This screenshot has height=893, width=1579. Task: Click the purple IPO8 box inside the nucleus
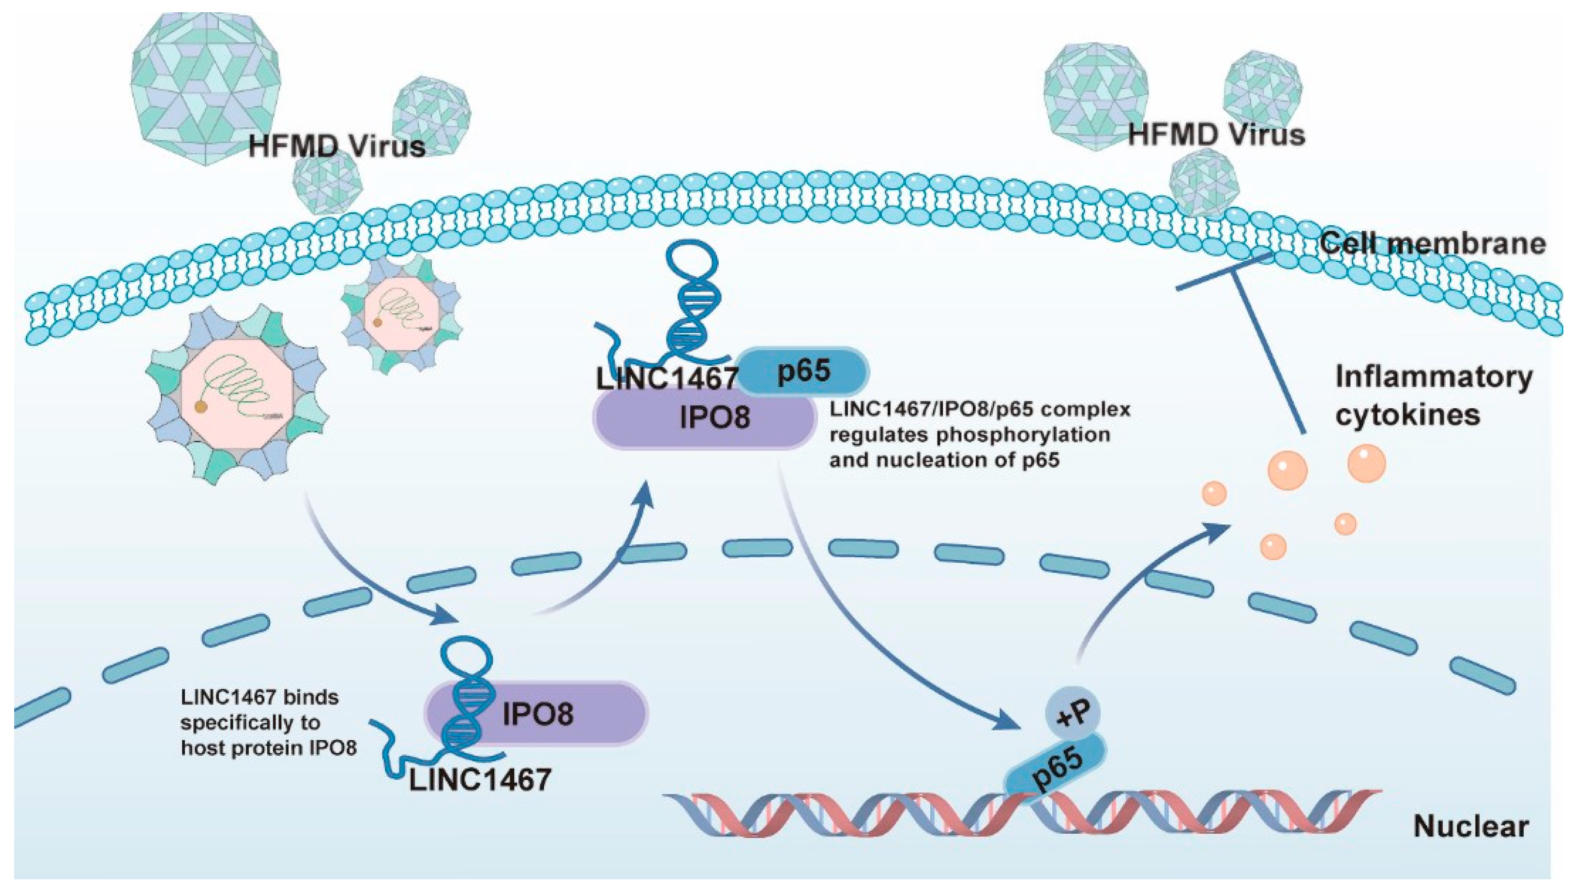537,713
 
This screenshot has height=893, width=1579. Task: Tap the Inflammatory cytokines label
1433,395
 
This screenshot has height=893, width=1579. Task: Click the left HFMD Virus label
337,146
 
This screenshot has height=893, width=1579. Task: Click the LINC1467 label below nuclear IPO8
480,780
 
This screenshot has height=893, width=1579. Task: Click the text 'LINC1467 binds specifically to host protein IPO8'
268,723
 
